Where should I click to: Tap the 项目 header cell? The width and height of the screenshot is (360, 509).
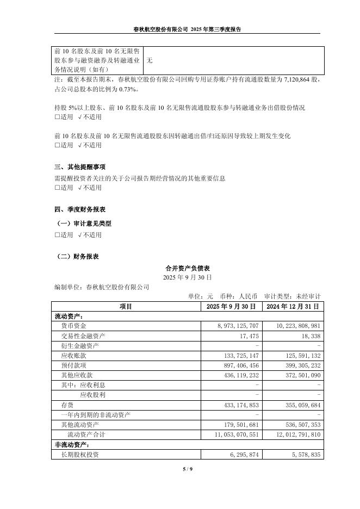pyautogui.click(x=126, y=306)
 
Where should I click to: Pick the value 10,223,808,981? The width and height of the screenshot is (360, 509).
pyautogui.click(x=294, y=325)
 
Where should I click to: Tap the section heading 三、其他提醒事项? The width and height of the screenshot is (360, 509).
pyautogui.click(x=80, y=166)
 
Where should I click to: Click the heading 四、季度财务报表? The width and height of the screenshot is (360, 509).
pyautogui.click(x=80, y=209)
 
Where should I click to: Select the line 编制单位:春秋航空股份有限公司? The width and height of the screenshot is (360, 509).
pyautogui.click(x=102, y=287)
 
